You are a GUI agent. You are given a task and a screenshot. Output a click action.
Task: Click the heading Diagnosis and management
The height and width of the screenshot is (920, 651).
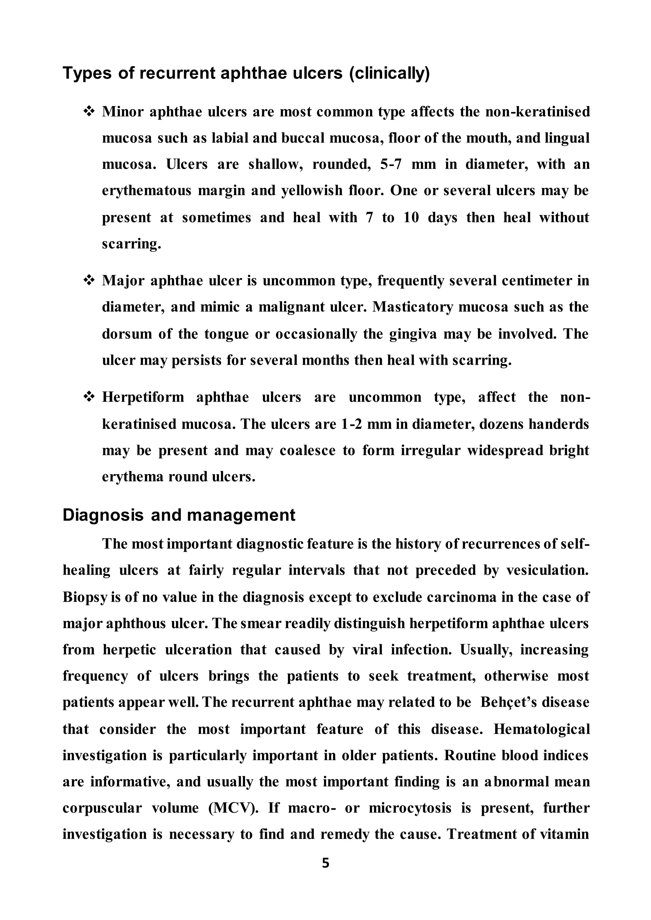[x=179, y=515]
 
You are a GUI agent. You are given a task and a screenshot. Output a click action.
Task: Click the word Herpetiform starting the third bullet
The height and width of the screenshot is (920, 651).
[x=143, y=397]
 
